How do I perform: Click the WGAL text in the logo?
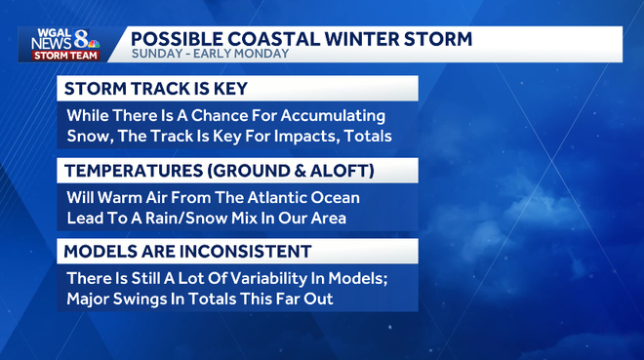pos(48,34)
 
